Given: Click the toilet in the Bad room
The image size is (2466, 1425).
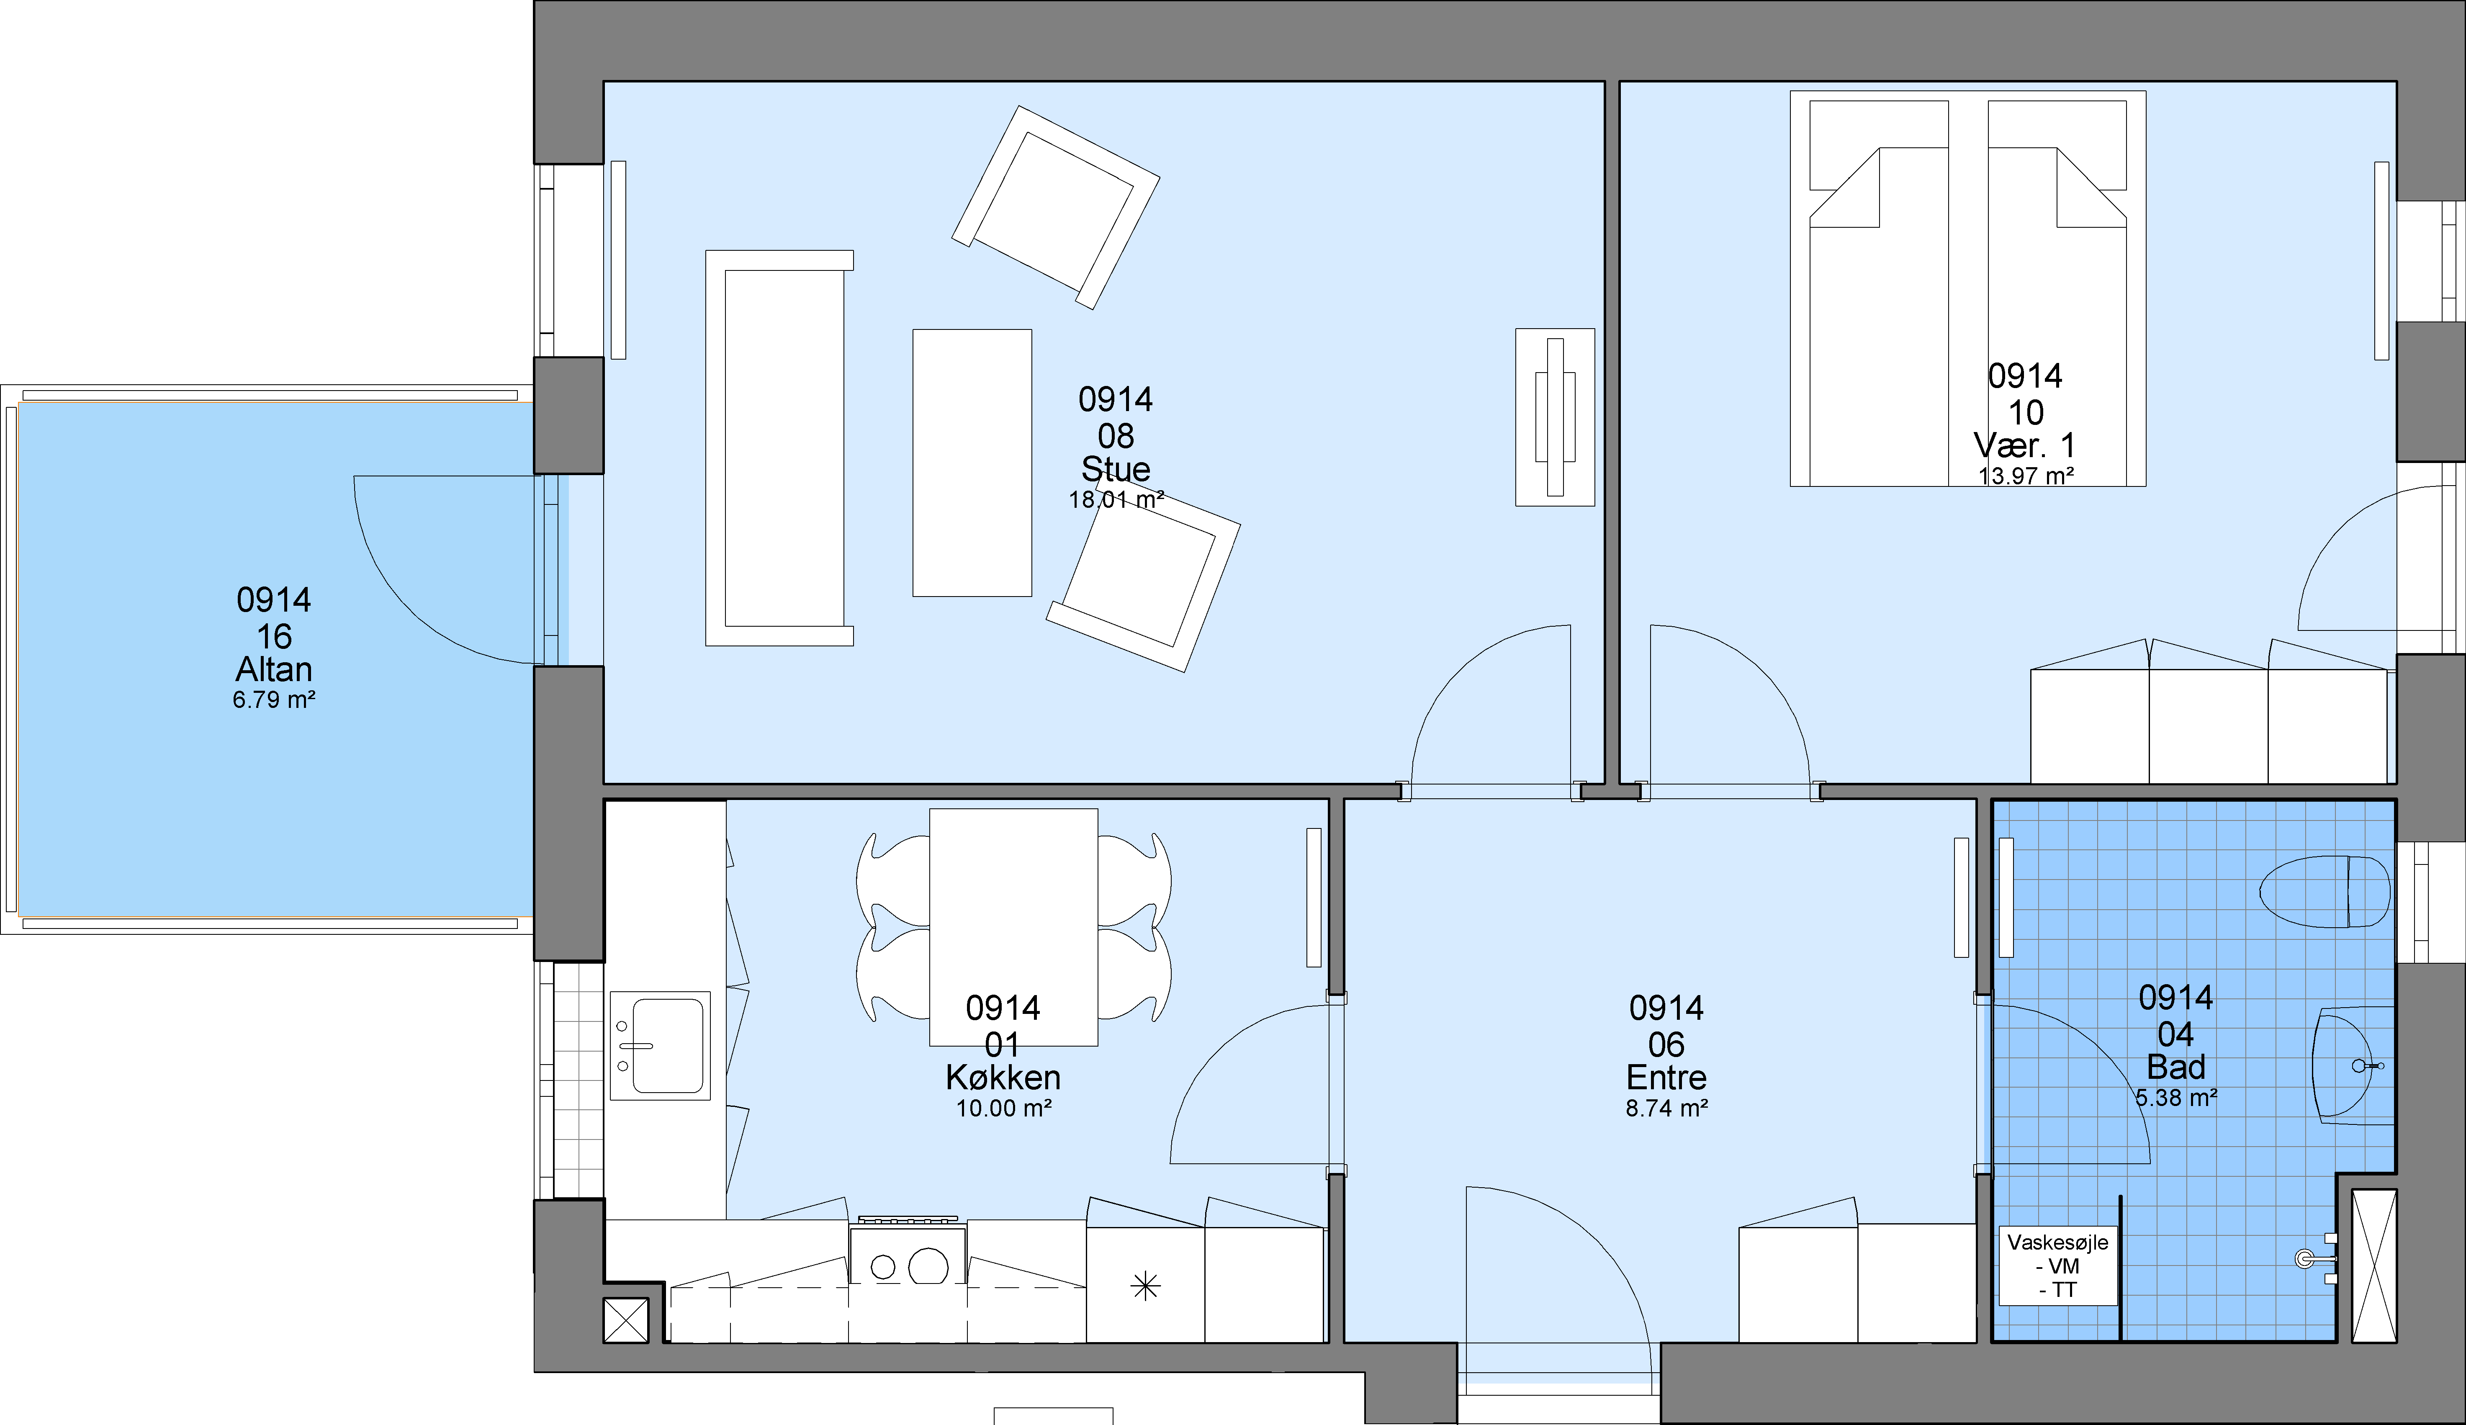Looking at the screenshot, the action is [2324, 892].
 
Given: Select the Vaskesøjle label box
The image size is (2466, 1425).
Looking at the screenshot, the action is [2058, 1266].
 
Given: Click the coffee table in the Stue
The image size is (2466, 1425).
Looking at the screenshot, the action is [972, 463].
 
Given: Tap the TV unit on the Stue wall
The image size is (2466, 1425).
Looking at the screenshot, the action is [1555, 417].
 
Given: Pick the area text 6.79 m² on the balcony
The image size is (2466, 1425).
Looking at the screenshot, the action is [274, 700].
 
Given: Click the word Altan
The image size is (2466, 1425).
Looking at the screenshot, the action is [274, 669].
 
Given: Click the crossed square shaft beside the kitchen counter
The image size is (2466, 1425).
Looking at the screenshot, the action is [626, 1320].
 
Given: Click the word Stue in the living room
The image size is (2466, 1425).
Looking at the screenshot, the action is [1116, 469].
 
